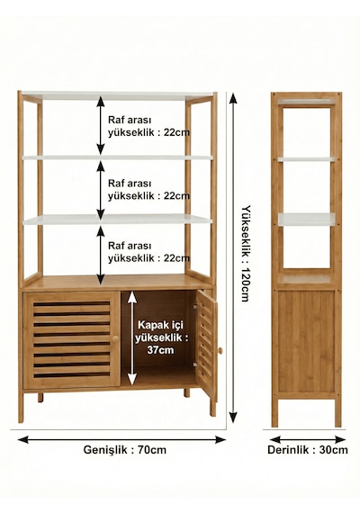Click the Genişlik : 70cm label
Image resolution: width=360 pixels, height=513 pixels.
[x=125, y=450]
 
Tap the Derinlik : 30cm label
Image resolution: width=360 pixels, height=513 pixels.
[x=307, y=450]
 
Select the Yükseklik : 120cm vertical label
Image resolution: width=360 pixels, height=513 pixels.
[x=246, y=253]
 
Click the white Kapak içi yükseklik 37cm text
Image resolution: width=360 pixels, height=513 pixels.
[x=162, y=337]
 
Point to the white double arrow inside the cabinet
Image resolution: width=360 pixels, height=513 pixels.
[x=132, y=338]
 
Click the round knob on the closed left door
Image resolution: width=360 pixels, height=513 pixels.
[x=115, y=338]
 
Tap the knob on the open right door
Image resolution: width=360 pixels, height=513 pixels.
[x=220, y=351]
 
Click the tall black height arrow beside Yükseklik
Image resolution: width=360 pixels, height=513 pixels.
[x=233, y=257]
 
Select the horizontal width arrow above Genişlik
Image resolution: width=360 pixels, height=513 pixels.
[x=121, y=439]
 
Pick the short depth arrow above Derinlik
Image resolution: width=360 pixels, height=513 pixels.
[x=307, y=439]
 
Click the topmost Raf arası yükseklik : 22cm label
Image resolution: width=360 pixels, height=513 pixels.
[x=148, y=126]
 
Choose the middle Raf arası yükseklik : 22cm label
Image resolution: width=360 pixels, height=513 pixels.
[x=148, y=189]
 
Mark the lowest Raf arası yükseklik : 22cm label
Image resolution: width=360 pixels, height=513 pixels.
[x=148, y=252]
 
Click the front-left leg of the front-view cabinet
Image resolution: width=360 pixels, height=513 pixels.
[x=21, y=407]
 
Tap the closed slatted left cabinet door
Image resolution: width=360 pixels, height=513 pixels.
[x=71, y=339]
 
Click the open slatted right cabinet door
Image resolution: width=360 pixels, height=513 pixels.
[x=206, y=344]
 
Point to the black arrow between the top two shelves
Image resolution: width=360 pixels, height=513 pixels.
[x=101, y=125]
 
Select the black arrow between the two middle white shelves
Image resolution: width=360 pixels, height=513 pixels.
[x=101, y=190]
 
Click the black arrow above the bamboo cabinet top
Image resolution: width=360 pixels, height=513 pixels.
[x=101, y=255]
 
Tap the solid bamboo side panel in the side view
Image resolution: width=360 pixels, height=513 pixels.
[x=307, y=342]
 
